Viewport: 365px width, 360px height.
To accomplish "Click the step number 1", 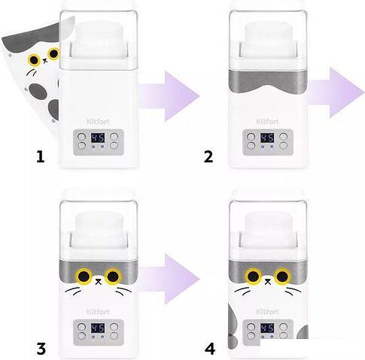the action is pos(40,157).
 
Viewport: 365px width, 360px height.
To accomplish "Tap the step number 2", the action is pos(208,157).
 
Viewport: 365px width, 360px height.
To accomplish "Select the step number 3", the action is pos(41,349).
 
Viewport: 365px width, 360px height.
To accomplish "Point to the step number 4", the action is pos(210,349).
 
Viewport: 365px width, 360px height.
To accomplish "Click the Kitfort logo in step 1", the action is pos(98,122).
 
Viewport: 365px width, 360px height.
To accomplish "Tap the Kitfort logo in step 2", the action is pos(267,122).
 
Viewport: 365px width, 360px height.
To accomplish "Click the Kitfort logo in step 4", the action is pos(267,312).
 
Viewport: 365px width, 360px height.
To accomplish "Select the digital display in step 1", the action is pos(98,138).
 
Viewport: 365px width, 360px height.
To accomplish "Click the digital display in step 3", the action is pos(98,328).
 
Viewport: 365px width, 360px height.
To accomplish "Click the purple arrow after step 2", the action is pos(336,92).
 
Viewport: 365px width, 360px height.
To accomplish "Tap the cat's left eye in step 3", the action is pos(84,276).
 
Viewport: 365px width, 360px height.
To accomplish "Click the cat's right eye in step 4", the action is pos(282,276).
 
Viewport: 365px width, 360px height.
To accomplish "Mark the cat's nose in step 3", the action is pos(99,282).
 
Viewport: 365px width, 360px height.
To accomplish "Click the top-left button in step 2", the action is pos(251,137).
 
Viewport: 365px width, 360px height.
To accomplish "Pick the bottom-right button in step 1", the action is pos(114,146).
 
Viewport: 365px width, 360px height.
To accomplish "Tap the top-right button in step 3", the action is pos(114,327).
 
